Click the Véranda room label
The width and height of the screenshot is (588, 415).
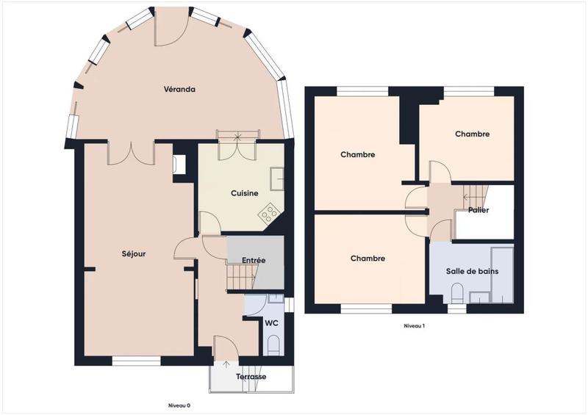click(x=179, y=90)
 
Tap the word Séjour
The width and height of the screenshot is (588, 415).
click(x=134, y=254)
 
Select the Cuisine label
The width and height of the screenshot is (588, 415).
click(x=244, y=193)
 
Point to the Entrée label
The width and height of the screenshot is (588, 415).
click(x=253, y=260)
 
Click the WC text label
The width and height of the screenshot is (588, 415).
click(x=271, y=322)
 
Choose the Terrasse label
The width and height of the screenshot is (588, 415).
click(x=251, y=377)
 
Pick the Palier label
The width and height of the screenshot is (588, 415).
click(x=478, y=210)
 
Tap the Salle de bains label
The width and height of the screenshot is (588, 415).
click(x=472, y=271)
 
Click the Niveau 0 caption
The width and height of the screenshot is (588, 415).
click(x=179, y=405)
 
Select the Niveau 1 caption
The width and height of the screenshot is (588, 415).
click(x=415, y=325)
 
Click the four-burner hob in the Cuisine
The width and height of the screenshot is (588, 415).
click(x=269, y=214)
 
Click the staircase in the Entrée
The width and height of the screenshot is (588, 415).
click(x=240, y=278)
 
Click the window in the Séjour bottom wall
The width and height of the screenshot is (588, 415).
click(x=136, y=361)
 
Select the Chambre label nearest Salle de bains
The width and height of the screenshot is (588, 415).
click(x=367, y=259)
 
